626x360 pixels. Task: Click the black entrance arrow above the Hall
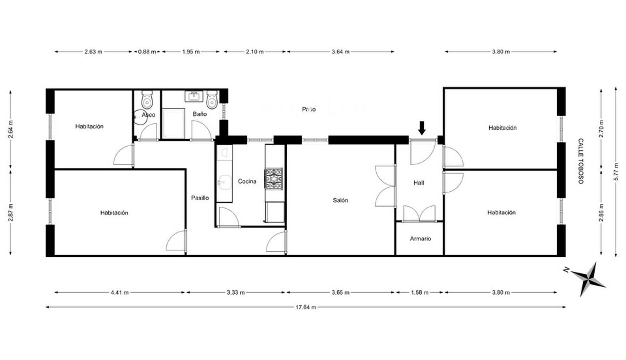tap(422, 128)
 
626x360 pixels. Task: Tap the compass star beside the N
tap(588, 279)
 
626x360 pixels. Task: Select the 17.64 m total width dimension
tap(306, 307)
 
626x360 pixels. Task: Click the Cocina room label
tap(247, 182)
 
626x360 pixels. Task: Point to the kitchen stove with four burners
tap(273, 179)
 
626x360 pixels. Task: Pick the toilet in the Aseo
tap(147, 99)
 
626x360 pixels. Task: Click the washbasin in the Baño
tap(194, 96)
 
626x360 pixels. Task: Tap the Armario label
tap(420, 239)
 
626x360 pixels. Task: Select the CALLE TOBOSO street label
tap(581, 161)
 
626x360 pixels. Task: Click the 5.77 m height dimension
tap(616, 172)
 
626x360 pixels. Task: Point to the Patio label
tap(309, 109)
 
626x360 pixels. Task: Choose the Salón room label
tap(340, 200)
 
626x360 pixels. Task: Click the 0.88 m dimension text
tap(147, 52)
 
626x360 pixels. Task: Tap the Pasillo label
tap(200, 198)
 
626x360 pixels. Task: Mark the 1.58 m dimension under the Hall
tap(419, 293)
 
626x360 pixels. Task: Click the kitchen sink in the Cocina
tap(225, 182)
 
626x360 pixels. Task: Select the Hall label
tap(419, 183)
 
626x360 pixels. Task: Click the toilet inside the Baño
tap(212, 99)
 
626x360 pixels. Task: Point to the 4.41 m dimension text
tap(120, 293)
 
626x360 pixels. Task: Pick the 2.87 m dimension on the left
tap(11, 212)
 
